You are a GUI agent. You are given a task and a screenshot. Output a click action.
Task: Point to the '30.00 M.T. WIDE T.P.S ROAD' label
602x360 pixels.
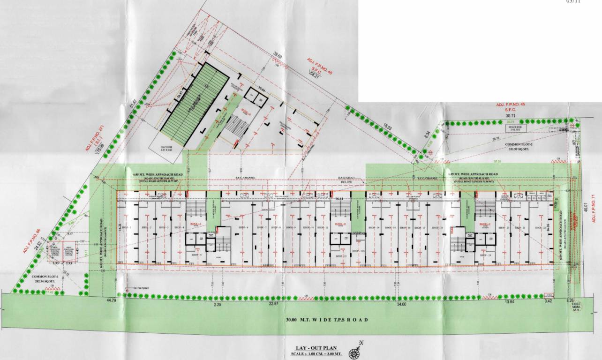pos(327,320)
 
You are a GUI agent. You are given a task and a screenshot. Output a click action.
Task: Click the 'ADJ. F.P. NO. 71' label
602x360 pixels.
pos(593,204)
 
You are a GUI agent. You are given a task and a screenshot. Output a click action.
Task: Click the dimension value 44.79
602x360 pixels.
pos(111,300)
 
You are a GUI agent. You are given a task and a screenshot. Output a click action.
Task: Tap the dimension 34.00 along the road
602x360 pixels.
pos(401,304)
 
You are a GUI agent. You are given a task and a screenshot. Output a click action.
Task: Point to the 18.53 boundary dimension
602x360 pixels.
pos(387,127)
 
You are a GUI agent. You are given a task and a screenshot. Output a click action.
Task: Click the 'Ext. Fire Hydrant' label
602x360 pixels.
pos(136,288)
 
